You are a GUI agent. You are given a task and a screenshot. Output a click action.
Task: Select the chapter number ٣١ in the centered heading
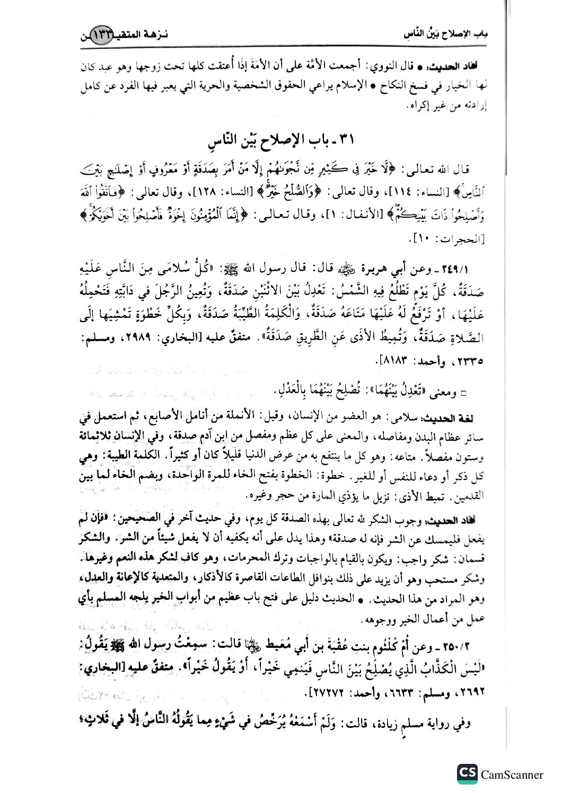pyautogui.click(x=347, y=140)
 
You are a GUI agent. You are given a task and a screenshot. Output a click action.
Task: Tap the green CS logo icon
pyautogui.click(x=467, y=773)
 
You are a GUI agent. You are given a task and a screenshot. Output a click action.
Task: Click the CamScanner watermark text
pyautogui.click(x=512, y=774)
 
